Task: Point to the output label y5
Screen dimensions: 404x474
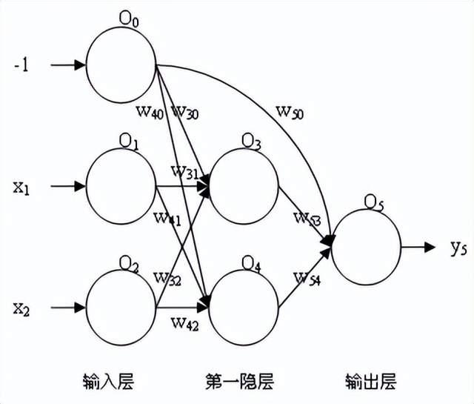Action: pyautogui.click(x=458, y=248)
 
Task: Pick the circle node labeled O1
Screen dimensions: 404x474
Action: pyautogui.click(x=121, y=185)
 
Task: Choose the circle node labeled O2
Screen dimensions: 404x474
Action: pyautogui.click(x=121, y=305)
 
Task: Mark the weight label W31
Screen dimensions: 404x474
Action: pyautogui.click(x=184, y=171)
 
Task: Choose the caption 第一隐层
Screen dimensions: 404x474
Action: pyautogui.click(x=239, y=382)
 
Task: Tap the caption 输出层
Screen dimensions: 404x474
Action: pyautogui.click(x=370, y=382)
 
